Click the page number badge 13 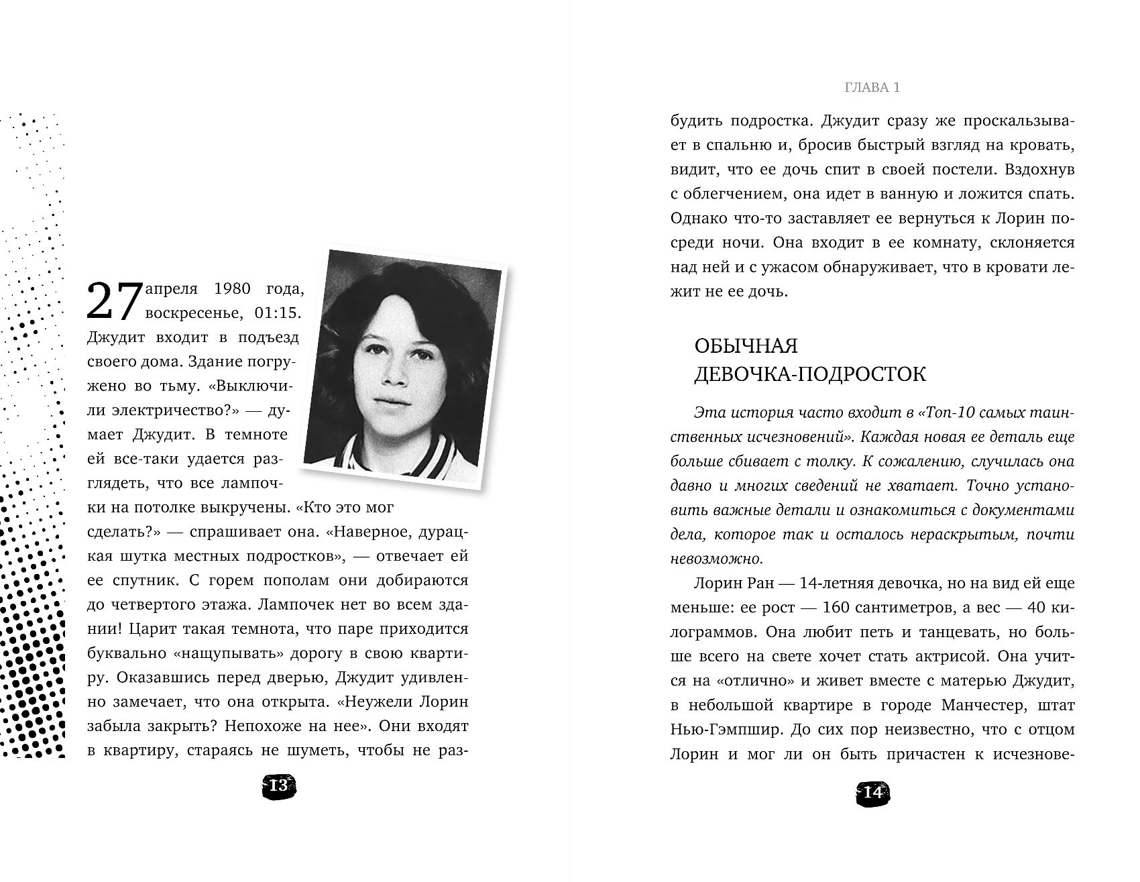[278, 785]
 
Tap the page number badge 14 [872, 792]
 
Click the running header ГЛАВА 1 [872, 88]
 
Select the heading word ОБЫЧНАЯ [746, 346]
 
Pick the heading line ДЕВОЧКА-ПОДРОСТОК [809, 374]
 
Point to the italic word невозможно [716, 559]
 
